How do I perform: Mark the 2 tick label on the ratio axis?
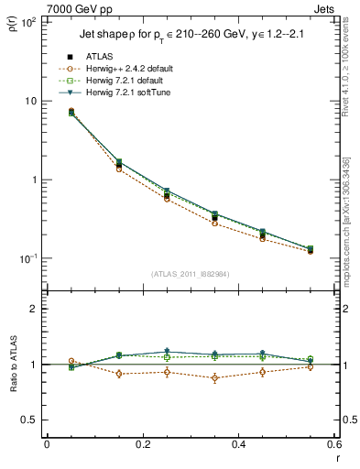tap(33, 309)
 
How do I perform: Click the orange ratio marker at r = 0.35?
tap(214, 377)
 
